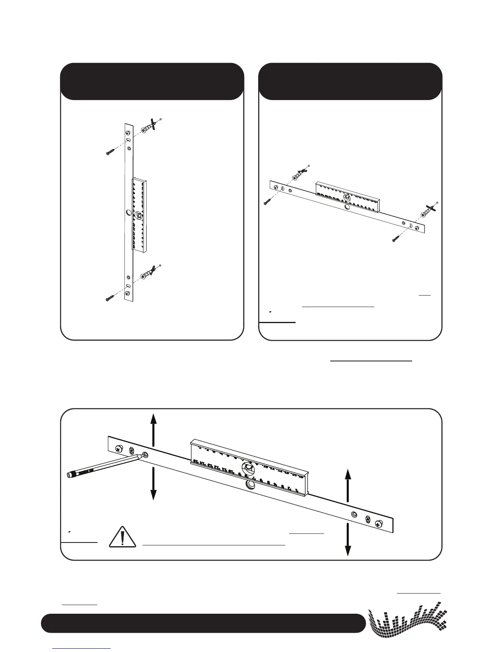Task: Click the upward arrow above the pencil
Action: coord(153,430)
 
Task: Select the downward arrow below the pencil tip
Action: coord(153,483)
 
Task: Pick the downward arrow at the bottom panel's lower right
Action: coord(348,539)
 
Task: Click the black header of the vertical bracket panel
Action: coord(152,81)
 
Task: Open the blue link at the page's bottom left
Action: coord(82,648)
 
